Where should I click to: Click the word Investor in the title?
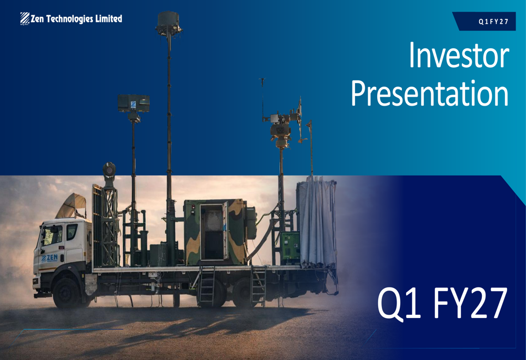(x=459, y=55)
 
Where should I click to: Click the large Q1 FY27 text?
(x=442, y=303)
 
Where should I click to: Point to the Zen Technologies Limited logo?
(x=71, y=19)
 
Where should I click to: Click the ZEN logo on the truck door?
(x=49, y=258)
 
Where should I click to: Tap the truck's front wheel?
(x=66, y=293)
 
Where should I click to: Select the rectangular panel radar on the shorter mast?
(x=134, y=103)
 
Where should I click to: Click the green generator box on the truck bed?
(x=290, y=248)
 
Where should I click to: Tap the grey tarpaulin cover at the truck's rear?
(x=316, y=222)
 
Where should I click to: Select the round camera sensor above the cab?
(x=109, y=170)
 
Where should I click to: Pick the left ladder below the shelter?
(x=206, y=286)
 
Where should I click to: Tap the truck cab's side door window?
(x=72, y=232)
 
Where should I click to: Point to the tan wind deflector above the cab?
(x=72, y=205)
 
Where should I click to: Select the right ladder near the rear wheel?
(x=258, y=286)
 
